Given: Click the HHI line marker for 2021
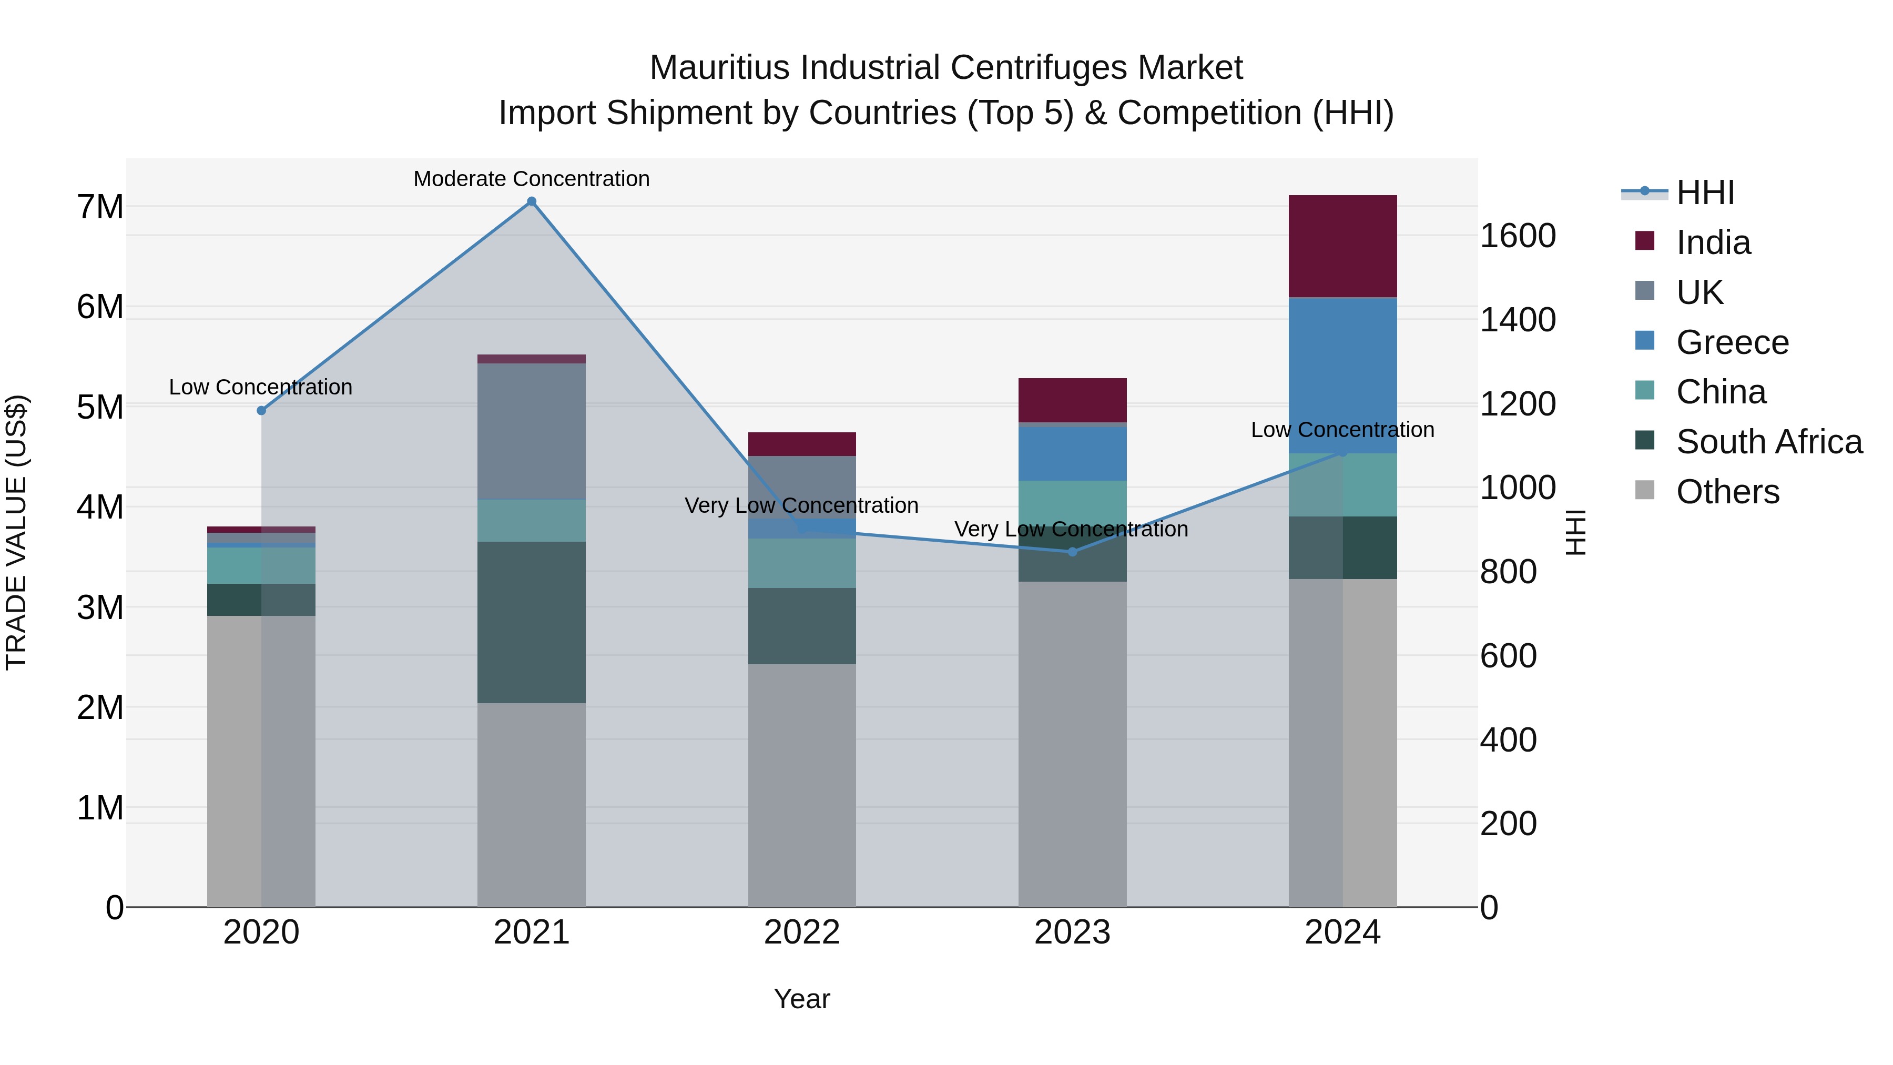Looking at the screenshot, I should [531, 201].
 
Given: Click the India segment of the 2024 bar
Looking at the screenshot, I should [1342, 246].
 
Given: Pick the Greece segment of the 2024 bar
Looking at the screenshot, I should [1342, 375].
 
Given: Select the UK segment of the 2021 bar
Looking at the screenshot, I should [531, 431].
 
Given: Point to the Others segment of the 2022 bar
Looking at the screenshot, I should [802, 785].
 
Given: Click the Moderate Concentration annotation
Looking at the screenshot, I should [531, 179].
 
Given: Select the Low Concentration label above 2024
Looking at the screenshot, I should [1342, 430].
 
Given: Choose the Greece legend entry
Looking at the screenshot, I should [1732, 342].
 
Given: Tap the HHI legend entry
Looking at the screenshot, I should [1704, 192].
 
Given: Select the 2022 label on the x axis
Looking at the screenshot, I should [802, 932].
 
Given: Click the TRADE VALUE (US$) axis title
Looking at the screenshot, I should [16, 532].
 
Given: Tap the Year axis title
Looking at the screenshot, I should [802, 999].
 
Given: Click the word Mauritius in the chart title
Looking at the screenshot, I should [720, 68].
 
